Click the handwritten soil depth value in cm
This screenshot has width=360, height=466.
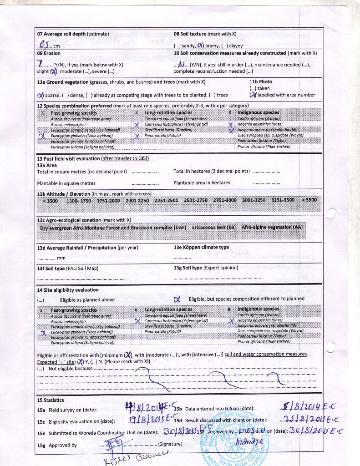pos(44,45)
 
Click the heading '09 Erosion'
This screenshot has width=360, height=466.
pos(49,53)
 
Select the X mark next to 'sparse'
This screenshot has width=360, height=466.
pos(41,95)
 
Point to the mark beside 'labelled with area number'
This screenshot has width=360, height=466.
pos(253,95)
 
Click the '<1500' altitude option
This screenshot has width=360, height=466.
pos(50,200)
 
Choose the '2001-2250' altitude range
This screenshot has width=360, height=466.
pos(137,200)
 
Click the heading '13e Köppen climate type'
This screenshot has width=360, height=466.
pos(201,248)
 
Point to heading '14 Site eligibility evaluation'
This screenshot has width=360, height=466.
pos(67,290)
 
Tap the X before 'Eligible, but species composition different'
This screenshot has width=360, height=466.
pos(177,299)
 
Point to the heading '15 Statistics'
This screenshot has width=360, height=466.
pos(51,400)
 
